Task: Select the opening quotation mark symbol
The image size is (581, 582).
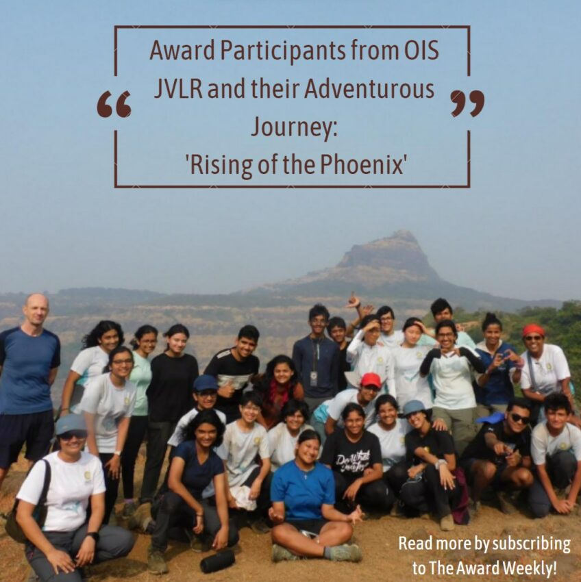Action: pyautogui.click(x=114, y=104)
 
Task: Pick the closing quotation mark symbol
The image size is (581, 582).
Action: pyautogui.click(x=467, y=103)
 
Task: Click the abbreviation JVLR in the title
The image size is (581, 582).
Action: pyautogui.click(x=178, y=89)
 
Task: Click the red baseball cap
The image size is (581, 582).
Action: pyautogui.click(x=371, y=380)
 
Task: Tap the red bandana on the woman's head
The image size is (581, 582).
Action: pyautogui.click(x=533, y=329)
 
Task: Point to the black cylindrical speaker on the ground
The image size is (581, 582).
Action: pyautogui.click(x=217, y=561)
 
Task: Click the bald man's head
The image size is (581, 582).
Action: pyautogui.click(x=37, y=310)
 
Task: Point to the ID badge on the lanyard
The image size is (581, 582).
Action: pyautogui.click(x=314, y=379)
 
